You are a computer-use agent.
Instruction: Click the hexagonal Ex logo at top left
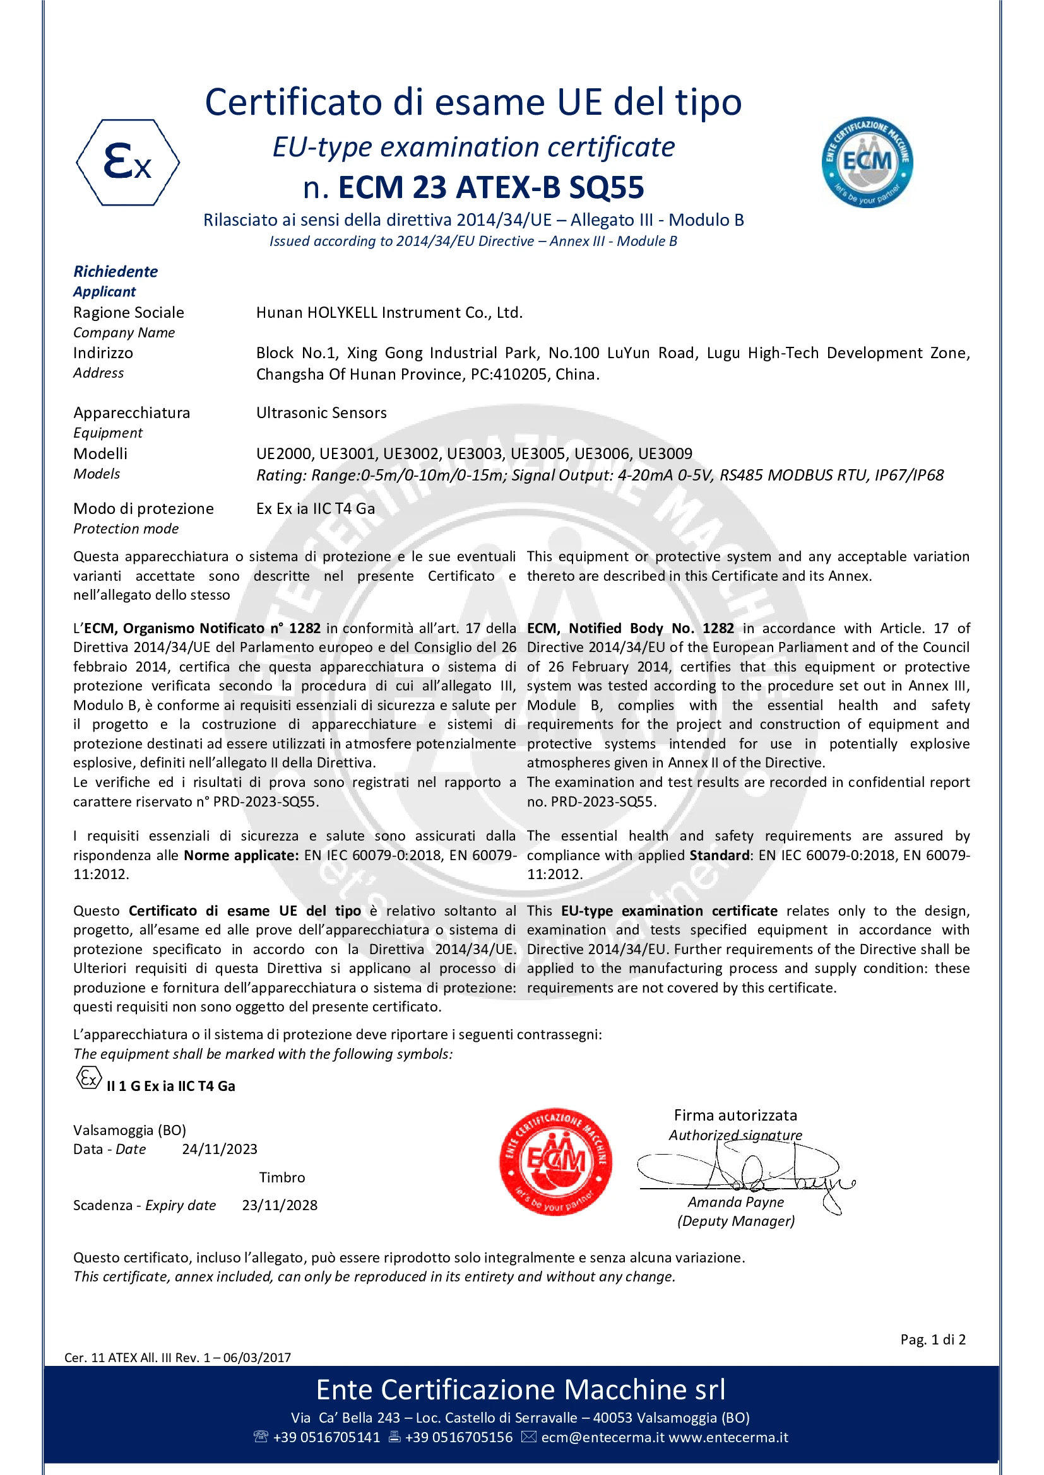128,162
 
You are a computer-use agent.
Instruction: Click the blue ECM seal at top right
867,162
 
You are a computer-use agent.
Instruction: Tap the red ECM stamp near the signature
555,1162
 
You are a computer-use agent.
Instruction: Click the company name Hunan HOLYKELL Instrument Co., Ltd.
389,313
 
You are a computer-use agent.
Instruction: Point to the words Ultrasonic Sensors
321,413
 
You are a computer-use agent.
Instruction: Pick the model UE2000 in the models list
284,454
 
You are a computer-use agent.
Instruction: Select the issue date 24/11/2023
219,1150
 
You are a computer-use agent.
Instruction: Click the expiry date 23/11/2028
280,1205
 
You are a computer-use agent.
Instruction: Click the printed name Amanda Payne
735,1202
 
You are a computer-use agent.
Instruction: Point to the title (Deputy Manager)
735,1221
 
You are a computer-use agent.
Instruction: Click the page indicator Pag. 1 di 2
932,1339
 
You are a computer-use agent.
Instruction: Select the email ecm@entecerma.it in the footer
602,1437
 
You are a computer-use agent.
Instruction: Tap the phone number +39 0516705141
326,1437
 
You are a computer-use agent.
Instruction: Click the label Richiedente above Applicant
116,272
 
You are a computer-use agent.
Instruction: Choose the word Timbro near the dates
282,1177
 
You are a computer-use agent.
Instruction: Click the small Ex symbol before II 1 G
88,1078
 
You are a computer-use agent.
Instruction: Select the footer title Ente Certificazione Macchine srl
521,1390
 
